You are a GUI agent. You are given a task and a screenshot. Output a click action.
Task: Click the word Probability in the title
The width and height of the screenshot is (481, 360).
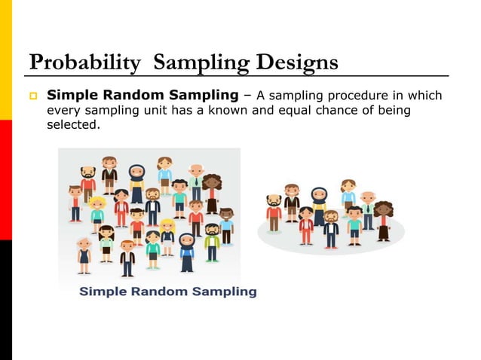[x=84, y=63]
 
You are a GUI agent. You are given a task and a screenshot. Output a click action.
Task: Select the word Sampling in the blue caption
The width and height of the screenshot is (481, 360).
[x=226, y=291]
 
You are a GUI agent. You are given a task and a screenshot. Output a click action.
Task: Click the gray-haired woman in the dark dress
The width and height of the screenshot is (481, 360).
[x=84, y=252]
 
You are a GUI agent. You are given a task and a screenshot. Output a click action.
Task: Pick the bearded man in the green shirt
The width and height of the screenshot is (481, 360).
[x=213, y=241]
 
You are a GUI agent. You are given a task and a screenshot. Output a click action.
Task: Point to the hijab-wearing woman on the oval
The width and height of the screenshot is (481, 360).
[x=319, y=205]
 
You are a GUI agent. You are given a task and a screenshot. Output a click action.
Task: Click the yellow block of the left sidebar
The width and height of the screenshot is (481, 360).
[x=6, y=60]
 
